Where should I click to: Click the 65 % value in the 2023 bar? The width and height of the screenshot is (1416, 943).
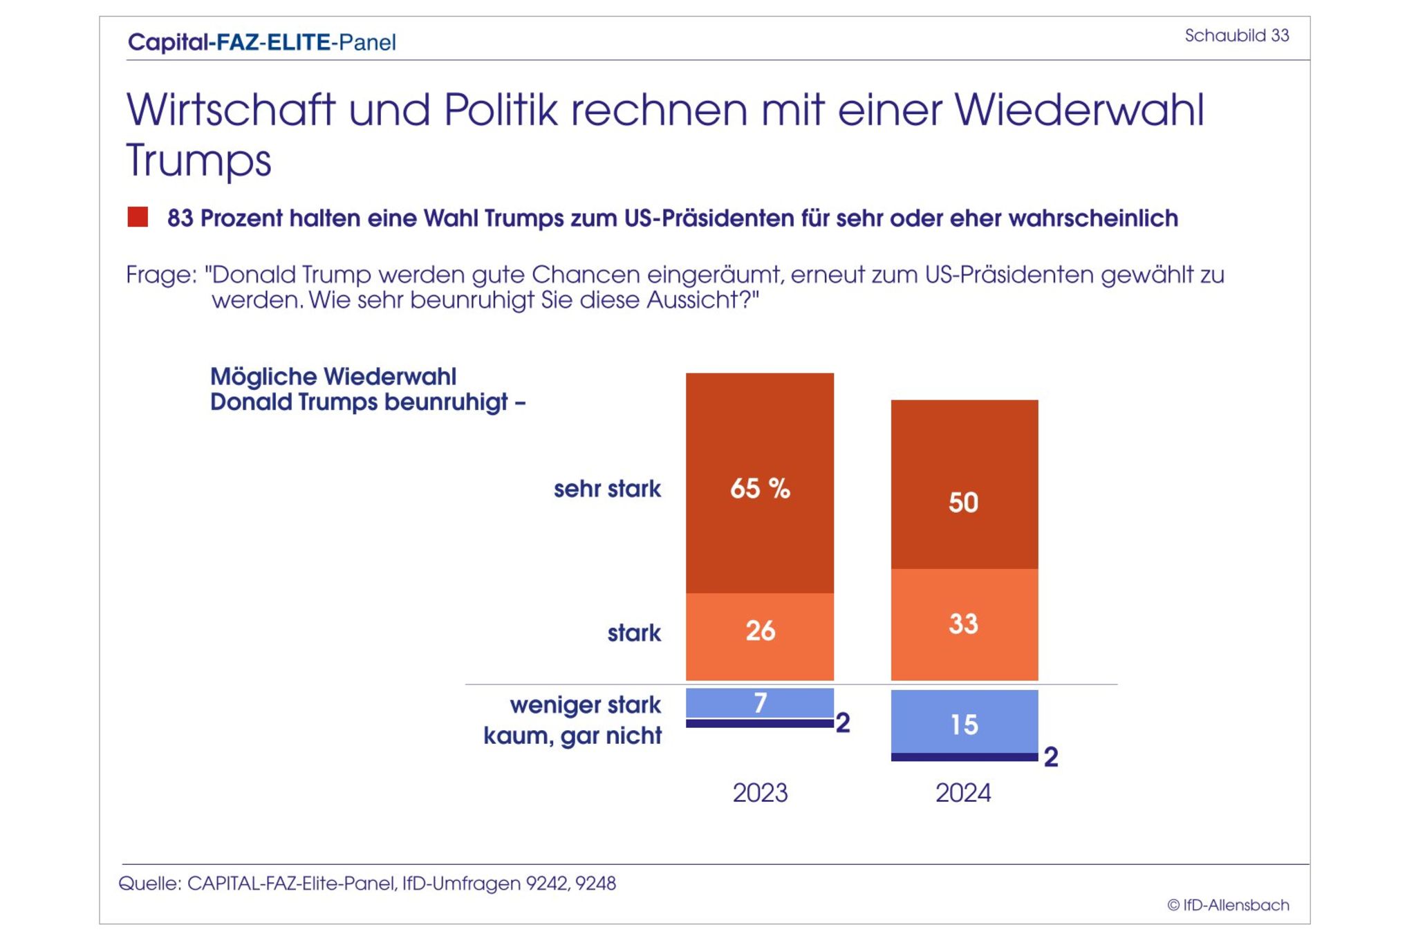[x=760, y=488]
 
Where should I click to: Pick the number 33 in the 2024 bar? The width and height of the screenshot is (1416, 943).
[x=963, y=624]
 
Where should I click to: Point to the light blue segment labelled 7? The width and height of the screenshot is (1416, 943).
[x=759, y=703]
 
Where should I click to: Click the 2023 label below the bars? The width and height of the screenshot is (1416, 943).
[x=760, y=792]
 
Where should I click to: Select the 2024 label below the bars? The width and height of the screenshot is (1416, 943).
[x=963, y=792]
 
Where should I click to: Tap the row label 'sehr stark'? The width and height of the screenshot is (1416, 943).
[x=607, y=489]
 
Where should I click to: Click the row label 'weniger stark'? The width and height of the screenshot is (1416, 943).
[x=585, y=704]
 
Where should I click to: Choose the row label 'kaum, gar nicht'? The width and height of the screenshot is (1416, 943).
[x=572, y=735]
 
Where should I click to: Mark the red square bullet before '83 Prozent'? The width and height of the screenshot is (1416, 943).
[x=138, y=217]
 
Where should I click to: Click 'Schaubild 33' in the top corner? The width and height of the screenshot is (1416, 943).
[x=1236, y=35]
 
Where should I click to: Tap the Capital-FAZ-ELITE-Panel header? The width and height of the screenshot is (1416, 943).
[x=262, y=42]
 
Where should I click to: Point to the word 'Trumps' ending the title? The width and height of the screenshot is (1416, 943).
[x=198, y=160]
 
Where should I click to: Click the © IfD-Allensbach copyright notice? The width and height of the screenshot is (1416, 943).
[x=1228, y=905]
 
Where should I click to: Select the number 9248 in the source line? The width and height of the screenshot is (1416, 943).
[x=596, y=884]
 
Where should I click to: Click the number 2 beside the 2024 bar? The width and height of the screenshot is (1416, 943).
[x=1051, y=757]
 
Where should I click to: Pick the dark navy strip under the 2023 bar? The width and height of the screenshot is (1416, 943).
[x=759, y=724]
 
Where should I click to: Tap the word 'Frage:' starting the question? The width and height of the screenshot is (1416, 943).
[x=161, y=275]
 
